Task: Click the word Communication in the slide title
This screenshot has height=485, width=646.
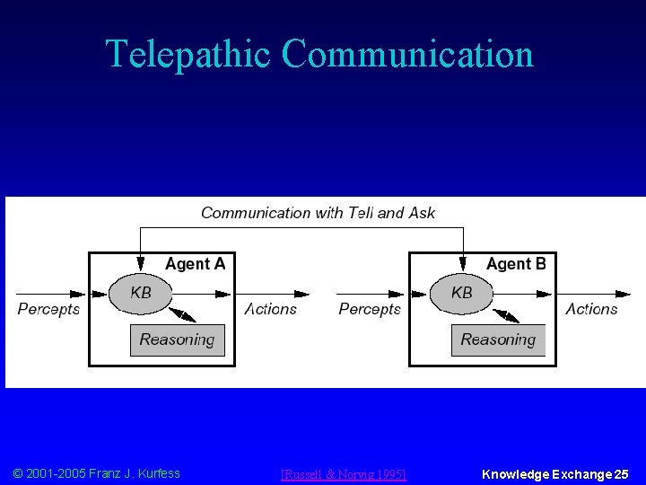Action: (x=407, y=54)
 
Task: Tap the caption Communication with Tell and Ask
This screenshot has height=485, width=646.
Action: (x=318, y=213)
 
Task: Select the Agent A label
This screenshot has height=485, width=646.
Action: (x=195, y=264)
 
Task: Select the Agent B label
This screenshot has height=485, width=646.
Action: (x=516, y=264)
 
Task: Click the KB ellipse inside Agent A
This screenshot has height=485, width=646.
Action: (x=140, y=293)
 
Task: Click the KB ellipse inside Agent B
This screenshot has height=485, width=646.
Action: (x=461, y=293)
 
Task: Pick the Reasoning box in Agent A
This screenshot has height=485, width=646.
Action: (x=177, y=339)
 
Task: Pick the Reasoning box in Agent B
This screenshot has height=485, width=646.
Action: (x=498, y=339)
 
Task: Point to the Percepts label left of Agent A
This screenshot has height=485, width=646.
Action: (x=48, y=309)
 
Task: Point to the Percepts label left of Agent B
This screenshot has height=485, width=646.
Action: (x=370, y=309)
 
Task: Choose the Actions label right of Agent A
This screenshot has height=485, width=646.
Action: (x=270, y=309)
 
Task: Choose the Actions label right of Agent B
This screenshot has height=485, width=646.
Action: (x=591, y=309)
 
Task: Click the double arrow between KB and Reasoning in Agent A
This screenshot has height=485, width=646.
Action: (x=184, y=314)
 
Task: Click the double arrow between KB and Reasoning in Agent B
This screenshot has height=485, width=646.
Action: (x=505, y=314)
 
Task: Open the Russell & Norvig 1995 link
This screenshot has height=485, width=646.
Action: (x=344, y=474)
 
